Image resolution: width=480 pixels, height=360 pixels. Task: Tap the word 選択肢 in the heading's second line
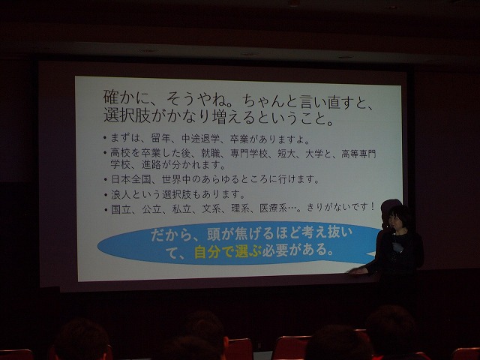(x=127, y=115)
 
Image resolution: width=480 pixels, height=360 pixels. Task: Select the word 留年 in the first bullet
(x=160, y=138)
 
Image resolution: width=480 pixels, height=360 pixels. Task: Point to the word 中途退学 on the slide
(x=200, y=139)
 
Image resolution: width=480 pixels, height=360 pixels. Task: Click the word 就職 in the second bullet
(x=210, y=153)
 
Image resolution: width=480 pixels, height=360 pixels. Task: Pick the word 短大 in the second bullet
(x=286, y=153)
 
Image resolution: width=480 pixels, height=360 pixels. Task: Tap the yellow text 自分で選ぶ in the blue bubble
(x=228, y=252)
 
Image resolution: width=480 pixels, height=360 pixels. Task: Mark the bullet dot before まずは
(x=105, y=138)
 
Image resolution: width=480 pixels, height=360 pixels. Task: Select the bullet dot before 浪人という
(x=105, y=194)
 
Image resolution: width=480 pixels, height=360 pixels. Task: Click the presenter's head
(x=398, y=217)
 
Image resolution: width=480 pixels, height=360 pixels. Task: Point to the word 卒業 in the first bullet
(x=239, y=139)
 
